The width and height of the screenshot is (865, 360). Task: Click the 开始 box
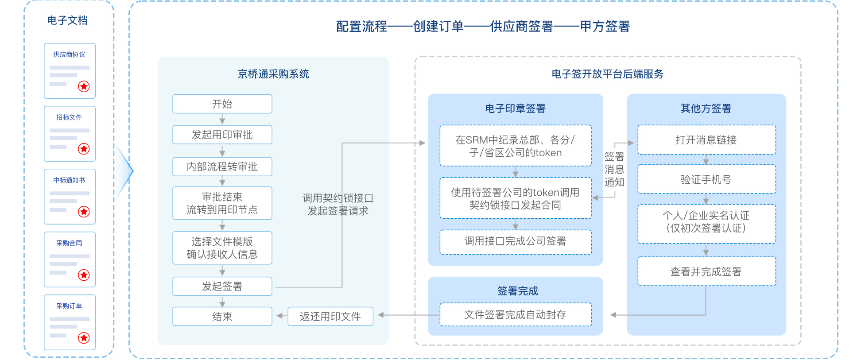click(x=222, y=104)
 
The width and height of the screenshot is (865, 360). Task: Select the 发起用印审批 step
click(x=222, y=135)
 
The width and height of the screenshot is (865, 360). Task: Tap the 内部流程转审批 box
click(x=222, y=167)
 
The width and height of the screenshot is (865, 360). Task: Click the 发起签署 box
click(x=222, y=286)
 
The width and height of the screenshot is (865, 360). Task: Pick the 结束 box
click(x=222, y=317)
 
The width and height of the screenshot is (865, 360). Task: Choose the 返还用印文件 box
click(x=330, y=317)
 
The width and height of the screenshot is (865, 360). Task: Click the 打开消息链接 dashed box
click(x=706, y=140)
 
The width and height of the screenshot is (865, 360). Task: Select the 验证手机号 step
click(x=706, y=179)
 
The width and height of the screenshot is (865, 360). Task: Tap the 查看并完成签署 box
click(x=706, y=271)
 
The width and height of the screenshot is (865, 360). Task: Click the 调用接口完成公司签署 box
click(x=515, y=241)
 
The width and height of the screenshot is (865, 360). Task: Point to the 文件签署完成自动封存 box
click(x=515, y=315)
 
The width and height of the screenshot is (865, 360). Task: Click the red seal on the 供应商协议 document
click(x=84, y=86)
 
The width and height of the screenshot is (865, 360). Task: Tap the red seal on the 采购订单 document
click(x=84, y=338)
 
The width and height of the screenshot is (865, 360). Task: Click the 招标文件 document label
click(x=69, y=117)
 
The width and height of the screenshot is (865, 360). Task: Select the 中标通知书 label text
click(x=69, y=180)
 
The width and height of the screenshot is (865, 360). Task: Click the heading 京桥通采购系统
click(x=273, y=74)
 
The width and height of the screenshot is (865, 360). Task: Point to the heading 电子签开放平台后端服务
click(x=607, y=74)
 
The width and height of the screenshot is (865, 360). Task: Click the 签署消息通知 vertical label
click(x=614, y=169)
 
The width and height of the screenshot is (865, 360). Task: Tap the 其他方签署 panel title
click(x=706, y=108)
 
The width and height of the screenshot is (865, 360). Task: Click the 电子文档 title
click(x=67, y=20)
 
